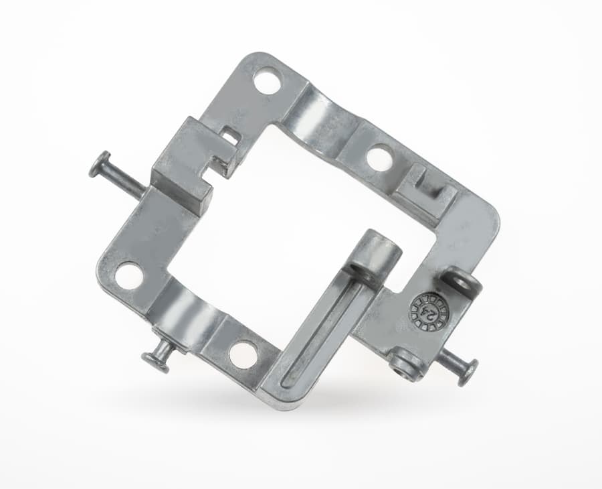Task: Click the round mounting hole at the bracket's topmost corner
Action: [269, 80]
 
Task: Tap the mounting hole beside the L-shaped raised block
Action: [380, 157]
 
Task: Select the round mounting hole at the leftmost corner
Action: [129, 275]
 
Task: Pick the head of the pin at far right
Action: [468, 372]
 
